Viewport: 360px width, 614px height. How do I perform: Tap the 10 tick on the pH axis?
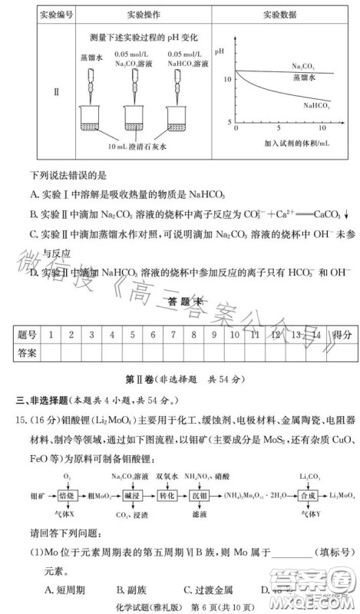click(226, 78)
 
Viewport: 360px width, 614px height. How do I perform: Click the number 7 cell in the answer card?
click(173, 335)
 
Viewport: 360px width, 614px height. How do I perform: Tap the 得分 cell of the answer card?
click(339, 335)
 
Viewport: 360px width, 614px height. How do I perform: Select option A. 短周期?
click(64, 589)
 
